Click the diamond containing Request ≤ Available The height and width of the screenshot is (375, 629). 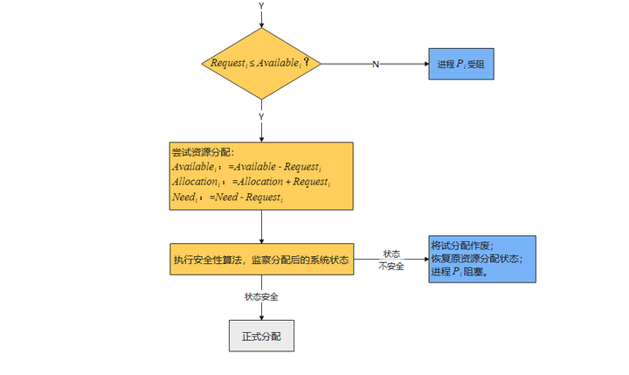[260, 64]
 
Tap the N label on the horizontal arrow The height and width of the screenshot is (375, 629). [376, 65]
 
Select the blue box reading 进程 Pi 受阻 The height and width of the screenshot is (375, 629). [461, 64]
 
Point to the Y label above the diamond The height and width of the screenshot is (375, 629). [260, 6]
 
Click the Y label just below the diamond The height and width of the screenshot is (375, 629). [260, 116]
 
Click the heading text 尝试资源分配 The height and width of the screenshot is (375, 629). [197, 152]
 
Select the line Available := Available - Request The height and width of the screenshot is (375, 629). [246, 167]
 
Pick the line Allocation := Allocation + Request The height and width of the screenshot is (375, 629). [251, 182]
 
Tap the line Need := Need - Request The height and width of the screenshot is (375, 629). [227, 198]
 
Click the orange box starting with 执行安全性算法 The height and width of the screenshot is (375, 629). [262, 260]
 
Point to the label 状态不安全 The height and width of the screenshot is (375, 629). [391, 260]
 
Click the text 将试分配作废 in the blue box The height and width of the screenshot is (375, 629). [462, 246]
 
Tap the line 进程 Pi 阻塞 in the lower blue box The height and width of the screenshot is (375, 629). [460, 273]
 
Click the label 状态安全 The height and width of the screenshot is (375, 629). [261, 297]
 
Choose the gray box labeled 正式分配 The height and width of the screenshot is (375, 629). [261, 336]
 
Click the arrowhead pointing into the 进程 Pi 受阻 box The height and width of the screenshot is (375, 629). [425, 65]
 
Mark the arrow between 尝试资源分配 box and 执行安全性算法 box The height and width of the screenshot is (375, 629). [261, 226]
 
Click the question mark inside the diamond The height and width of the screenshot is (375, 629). [307, 63]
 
